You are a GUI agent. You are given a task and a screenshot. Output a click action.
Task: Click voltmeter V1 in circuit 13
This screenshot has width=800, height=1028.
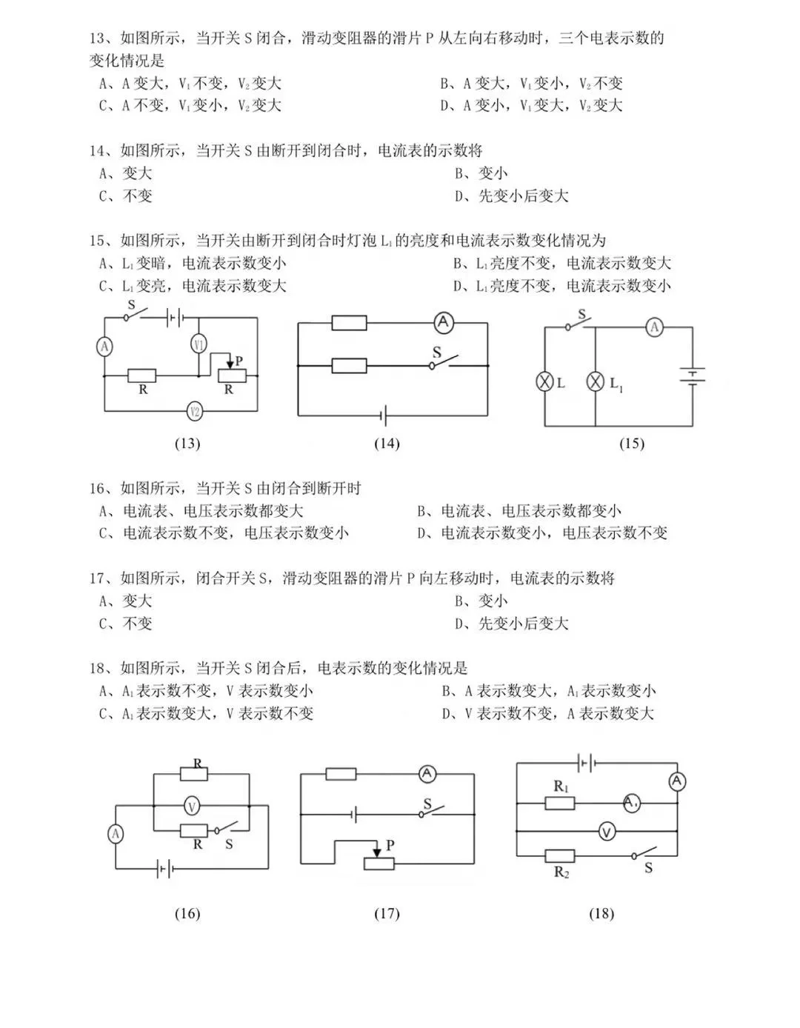pyautogui.click(x=199, y=344)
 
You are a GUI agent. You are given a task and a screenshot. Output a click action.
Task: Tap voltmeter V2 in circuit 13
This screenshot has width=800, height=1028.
pyautogui.click(x=195, y=411)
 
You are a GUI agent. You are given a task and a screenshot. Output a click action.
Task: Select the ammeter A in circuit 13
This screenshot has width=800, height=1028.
pyautogui.click(x=104, y=347)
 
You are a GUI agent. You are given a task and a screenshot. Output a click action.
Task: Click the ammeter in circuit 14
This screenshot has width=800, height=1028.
pyautogui.click(x=443, y=322)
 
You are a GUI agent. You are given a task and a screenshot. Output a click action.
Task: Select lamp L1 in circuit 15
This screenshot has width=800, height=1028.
pyautogui.click(x=596, y=381)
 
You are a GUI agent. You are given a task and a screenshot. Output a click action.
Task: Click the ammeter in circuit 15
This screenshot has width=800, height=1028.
pyautogui.click(x=653, y=327)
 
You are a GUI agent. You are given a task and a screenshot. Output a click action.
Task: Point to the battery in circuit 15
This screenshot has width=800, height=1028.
pyautogui.click(x=693, y=376)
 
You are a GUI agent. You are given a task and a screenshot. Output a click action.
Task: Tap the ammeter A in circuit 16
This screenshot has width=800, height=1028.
pyautogui.click(x=116, y=834)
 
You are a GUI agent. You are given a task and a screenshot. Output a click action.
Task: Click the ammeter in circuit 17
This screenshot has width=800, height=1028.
pyautogui.click(x=427, y=774)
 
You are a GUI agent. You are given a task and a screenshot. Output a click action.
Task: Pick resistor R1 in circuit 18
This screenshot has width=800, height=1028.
pyautogui.click(x=560, y=803)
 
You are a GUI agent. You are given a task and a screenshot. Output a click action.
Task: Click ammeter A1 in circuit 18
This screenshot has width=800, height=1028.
pyautogui.click(x=631, y=803)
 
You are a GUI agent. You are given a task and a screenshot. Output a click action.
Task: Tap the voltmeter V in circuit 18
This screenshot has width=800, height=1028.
pyautogui.click(x=607, y=832)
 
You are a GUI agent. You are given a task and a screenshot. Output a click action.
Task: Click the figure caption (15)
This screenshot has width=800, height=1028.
pyautogui.click(x=631, y=444)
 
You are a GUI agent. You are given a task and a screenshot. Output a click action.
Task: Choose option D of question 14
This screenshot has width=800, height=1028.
pyautogui.click(x=512, y=196)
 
